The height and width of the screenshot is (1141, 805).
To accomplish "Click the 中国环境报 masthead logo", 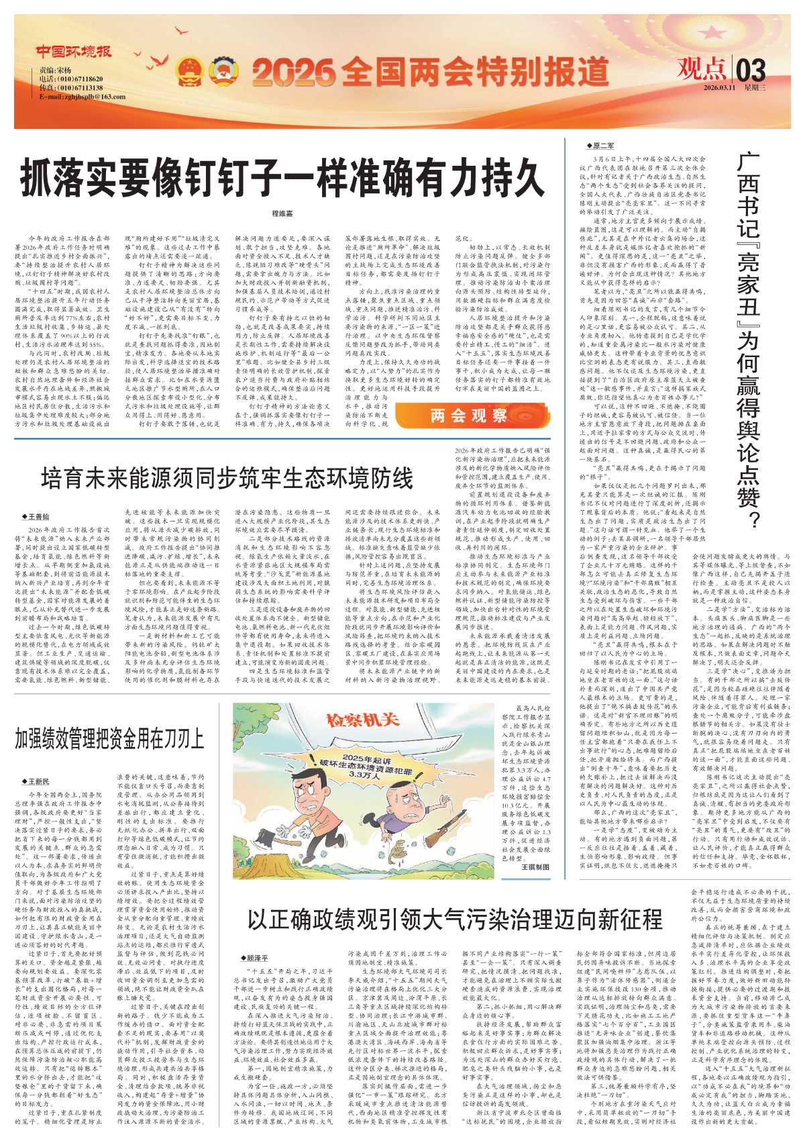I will point(74,52).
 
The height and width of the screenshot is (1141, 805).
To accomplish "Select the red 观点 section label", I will point(700,69).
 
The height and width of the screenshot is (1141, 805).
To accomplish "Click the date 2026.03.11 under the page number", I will point(720,88).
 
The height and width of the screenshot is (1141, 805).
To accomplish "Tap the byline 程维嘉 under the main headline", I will point(282,213).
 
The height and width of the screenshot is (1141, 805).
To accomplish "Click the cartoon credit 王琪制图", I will point(535,867).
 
